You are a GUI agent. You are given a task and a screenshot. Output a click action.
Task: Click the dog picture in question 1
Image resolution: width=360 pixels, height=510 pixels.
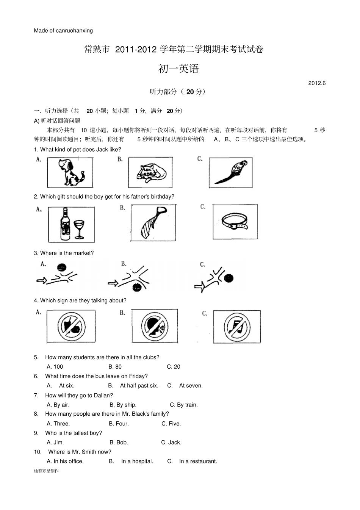[x=70, y=172]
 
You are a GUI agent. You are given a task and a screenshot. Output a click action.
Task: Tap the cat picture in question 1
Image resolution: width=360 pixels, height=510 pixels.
[x=151, y=173]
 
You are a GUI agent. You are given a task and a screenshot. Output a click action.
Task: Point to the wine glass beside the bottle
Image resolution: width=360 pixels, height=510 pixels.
[x=79, y=229]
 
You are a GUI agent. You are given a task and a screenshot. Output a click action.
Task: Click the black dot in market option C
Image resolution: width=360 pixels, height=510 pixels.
[x=228, y=278]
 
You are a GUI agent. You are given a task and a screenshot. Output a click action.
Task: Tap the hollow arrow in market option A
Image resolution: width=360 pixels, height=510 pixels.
[x=41, y=280]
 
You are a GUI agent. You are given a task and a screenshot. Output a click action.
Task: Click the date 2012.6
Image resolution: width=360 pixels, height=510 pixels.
[x=317, y=83]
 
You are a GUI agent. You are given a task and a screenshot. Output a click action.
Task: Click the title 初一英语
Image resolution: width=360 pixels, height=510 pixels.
[x=178, y=69]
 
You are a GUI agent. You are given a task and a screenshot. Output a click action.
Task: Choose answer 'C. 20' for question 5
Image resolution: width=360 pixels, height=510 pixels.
[x=174, y=367]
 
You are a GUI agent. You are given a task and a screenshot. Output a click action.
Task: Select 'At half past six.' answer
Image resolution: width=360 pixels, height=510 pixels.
[x=139, y=386]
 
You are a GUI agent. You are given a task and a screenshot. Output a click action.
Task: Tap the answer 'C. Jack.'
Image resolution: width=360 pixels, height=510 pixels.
[x=171, y=443]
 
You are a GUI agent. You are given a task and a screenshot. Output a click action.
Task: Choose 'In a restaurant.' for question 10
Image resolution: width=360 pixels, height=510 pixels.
[x=198, y=462]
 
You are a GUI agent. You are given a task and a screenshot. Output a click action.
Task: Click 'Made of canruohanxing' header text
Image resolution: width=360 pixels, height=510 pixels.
[x=63, y=31]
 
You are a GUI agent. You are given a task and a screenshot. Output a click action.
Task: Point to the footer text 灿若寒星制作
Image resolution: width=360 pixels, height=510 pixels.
[x=46, y=471]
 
